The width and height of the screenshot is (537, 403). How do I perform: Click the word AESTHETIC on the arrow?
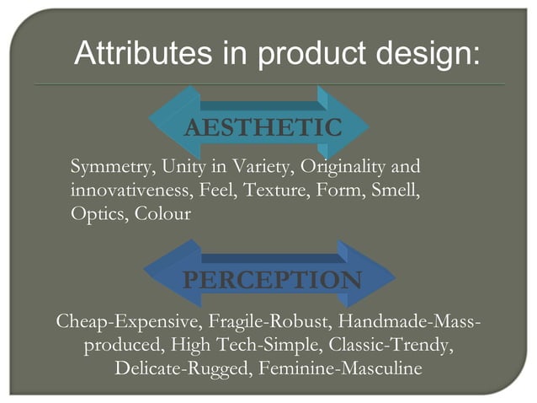pyautogui.click(x=263, y=128)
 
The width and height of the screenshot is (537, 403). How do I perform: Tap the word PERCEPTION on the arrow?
pyautogui.click(x=273, y=280)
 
